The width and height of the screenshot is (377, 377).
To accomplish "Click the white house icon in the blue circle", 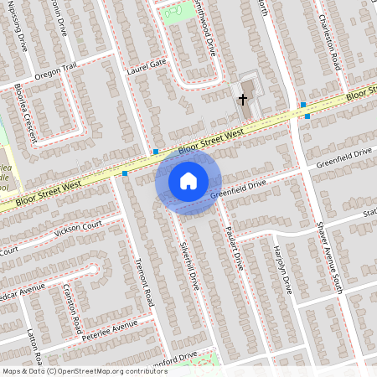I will coord(188,180).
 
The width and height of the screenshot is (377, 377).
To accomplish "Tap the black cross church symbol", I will coord(243,100).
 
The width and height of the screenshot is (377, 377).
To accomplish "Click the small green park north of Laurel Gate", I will coord(173,14).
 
